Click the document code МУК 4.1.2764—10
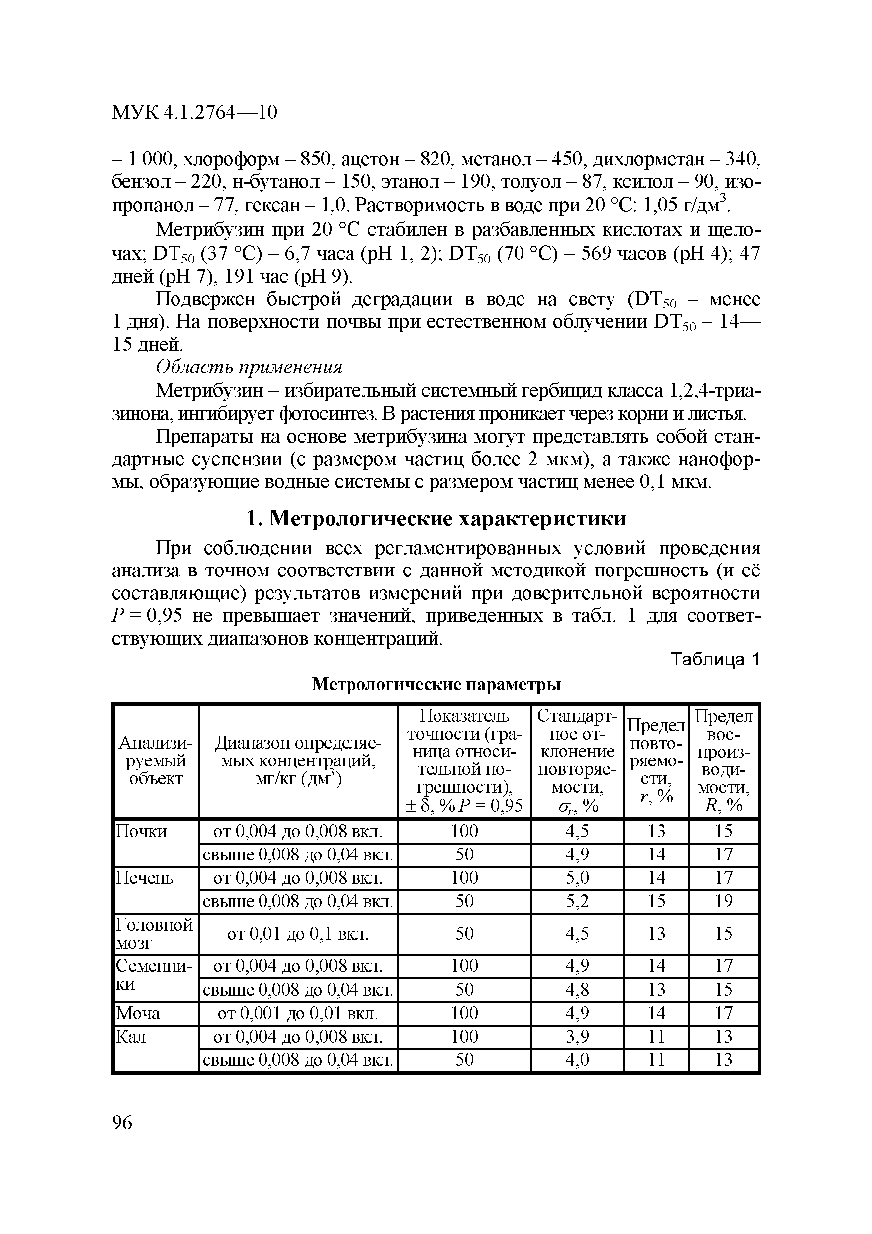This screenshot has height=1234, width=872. coord(194,112)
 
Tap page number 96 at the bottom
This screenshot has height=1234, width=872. coord(122,1122)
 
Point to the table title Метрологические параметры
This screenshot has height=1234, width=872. coord(436,684)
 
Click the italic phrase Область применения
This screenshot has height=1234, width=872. coord(249,367)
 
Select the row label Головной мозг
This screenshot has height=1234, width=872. coord(154,934)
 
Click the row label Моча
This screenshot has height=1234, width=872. coord(138,1013)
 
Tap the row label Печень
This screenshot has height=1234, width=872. coord(145,878)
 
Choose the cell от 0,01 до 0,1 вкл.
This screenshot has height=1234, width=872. coord(298,934)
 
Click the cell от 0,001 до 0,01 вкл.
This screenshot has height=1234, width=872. coord(298,1013)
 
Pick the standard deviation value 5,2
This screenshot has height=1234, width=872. coord(577,901)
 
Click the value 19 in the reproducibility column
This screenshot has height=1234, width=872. coord(723,901)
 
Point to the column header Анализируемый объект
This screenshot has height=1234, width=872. coord(155,760)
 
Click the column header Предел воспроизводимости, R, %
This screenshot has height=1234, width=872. coord(723,760)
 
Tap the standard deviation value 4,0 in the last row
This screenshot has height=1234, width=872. coord(577,1060)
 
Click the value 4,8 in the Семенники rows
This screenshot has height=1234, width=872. coord(577,989)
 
